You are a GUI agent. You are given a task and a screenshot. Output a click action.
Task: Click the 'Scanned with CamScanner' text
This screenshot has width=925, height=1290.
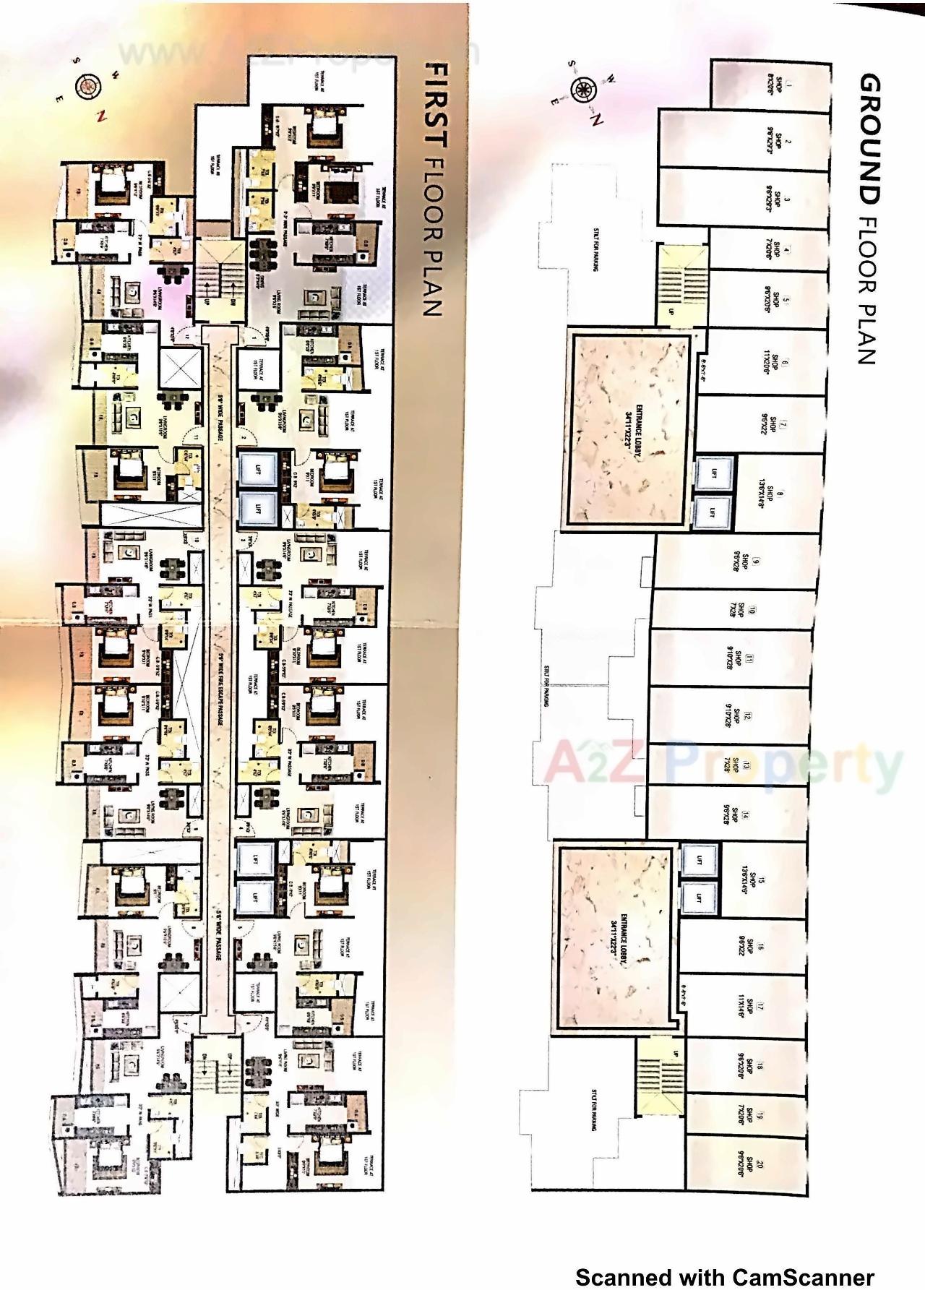tap(724, 1278)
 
